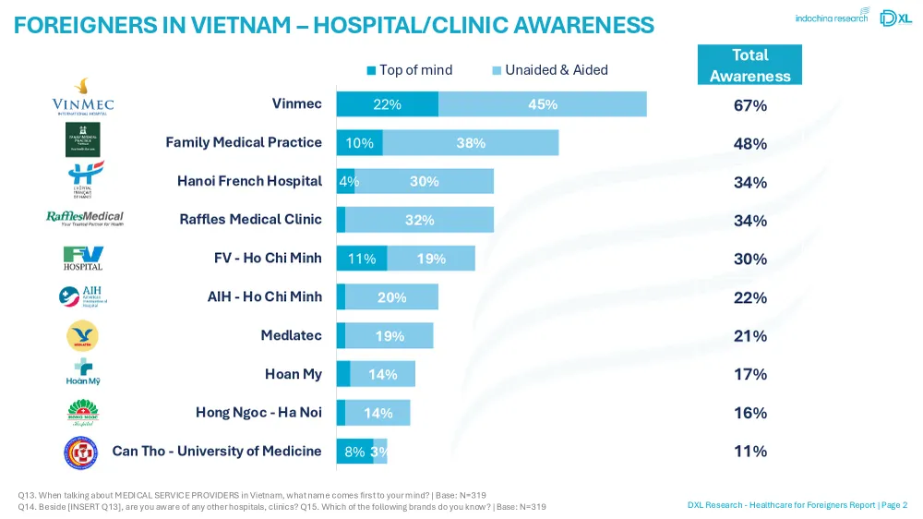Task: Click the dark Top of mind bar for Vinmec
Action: [387, 104]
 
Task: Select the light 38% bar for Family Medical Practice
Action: [471, 143]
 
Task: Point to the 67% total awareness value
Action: [749, 106]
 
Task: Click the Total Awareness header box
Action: [749, 66]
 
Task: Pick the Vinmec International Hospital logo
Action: [83, 97]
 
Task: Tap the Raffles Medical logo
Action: [85, 218]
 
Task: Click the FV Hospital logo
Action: [83, 258]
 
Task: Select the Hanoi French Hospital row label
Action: [249, 181]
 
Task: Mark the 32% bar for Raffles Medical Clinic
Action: [420, 220]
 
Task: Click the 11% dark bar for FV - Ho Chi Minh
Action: [361, 259]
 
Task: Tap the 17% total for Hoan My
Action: [749, 374]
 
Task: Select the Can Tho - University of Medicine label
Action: [217, 451]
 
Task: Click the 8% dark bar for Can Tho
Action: [354, 452]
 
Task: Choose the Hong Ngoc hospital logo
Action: [83, 412]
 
